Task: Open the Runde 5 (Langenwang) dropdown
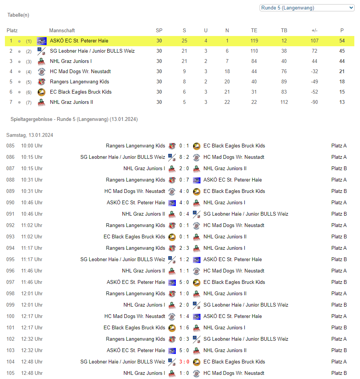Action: [x=307, y=8]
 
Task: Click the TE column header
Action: [x=254, y=30]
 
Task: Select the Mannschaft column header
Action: [x=62, y=30]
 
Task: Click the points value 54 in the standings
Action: [x=342, y=41]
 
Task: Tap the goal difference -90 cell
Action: [x=314, y=102]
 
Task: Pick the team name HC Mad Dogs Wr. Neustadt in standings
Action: [x=80, y=71]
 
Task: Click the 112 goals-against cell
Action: [x=284, y=102]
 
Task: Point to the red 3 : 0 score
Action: [x=184, y=362]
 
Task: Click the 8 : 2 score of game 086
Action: [x=184, y=157]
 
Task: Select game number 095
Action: [x=10, y=259]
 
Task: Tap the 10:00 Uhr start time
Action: [x=32, y=146]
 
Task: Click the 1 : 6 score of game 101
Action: [x=184, y=327]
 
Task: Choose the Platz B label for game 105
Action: [x=339, y=373]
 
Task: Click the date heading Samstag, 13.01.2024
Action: [x=30, y=135]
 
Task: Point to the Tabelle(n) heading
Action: [x=18, y=15]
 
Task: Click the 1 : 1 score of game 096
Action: [x=184, y=271]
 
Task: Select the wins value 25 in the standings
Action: [x=184, y=41]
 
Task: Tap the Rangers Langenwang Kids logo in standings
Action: [x=41, y=81]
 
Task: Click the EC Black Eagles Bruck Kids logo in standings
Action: [x=41, y=92]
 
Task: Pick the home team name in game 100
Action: [x=135, y=316]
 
